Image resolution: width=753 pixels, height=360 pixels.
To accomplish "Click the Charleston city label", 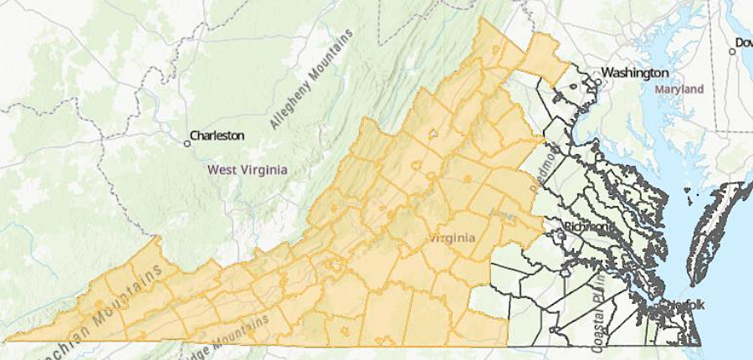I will click(217, 135).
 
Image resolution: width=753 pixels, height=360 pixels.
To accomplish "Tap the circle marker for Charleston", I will click(187, 143).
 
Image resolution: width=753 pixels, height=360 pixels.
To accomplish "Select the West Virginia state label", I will click(247, 169).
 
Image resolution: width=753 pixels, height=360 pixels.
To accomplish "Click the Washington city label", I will click(634, 72).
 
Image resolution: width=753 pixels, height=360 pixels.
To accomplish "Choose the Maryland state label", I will click(679, 88).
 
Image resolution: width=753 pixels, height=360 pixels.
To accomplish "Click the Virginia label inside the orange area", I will click(452, 238).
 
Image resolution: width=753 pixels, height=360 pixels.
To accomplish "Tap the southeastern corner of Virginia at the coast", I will click(699, 345).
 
